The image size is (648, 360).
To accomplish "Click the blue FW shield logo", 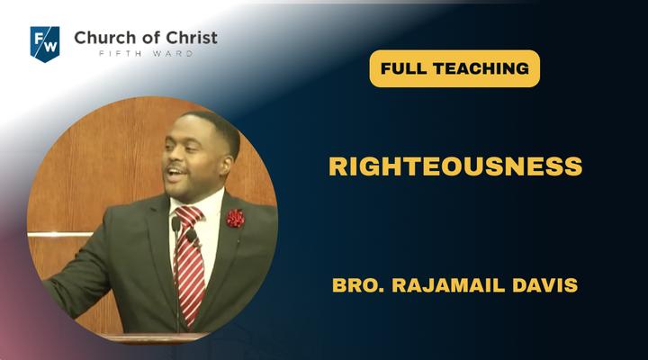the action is coord(45,44).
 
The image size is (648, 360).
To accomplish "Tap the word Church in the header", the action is coord(105,38).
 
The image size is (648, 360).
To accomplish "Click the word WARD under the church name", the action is coord(173,54).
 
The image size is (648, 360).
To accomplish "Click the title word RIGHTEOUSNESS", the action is coord(455,166).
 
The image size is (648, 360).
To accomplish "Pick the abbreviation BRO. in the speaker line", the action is coord(358,285).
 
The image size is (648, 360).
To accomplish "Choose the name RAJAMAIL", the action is coord(448,285).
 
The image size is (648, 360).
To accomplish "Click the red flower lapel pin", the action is coord(236,218).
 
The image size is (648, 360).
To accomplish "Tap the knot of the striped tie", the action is coord(189,217).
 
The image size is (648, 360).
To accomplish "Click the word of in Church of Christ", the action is coord(150,38).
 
